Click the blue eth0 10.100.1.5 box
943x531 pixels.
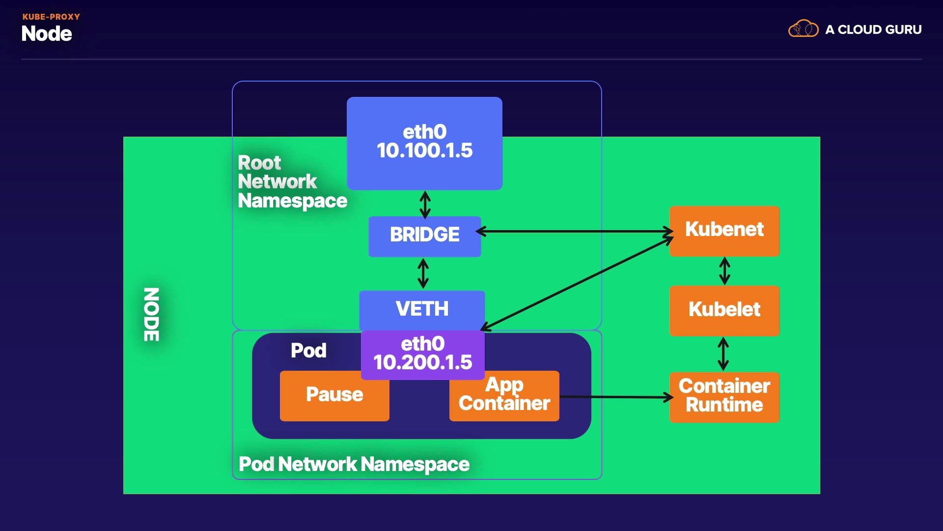(x=424, y=143)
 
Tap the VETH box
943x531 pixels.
(x=422, y=309)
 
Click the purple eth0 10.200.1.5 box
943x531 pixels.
(x=422, y=354)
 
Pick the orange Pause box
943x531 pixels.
(x=334, y=395)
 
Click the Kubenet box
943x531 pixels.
(x=724, y=230)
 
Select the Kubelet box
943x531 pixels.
(x=724, y=310)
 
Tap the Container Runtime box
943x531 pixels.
(x=724, y=396)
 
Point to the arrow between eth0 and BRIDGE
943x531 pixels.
(x=425, y=205)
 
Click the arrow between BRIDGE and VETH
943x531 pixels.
(x=423, y=273)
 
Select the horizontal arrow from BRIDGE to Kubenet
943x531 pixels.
(x=575, y=231)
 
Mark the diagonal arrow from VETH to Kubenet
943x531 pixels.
(x=577, y=283)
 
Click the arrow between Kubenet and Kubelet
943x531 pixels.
(x=724, y=271)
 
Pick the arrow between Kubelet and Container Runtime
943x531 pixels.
(x=723, y=354)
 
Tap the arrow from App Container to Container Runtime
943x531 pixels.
(x=616, y=397)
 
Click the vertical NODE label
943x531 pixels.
(x=151, y=314)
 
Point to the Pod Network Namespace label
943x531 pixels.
(x=354, y=464)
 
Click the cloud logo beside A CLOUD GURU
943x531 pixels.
(x=803, y=29)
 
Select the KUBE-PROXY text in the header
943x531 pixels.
(x=51, y=17)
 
